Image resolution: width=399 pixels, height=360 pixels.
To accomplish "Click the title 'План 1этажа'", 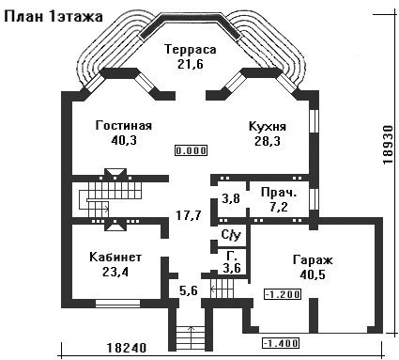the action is click(54, 17).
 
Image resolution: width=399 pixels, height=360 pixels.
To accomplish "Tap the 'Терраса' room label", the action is click(191, 50).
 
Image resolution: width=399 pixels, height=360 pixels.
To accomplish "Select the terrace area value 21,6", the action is click(191, 64).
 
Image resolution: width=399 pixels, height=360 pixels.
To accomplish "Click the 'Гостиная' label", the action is click(124, 125).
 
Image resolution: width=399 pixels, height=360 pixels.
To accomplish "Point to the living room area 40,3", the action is click(124, 140).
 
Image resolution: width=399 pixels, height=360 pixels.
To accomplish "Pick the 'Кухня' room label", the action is click(268, 127).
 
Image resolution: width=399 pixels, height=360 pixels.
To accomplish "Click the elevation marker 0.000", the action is click(191, 150).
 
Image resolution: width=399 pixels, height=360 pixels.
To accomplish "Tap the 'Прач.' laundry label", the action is click(279, 193).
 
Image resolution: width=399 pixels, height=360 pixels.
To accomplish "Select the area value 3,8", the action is click(231, 198).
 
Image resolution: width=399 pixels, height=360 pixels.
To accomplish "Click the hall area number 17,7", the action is click(189, 215).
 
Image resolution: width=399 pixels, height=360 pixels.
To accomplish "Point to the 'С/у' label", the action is click(231, 235).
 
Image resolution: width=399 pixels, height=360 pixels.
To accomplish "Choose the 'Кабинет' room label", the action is click(115, 257).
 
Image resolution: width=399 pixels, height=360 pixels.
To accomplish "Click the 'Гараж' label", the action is click(313, 259).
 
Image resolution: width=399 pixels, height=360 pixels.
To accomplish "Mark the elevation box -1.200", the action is click(283, 294).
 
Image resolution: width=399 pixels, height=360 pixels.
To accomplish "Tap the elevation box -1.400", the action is click(281, 343).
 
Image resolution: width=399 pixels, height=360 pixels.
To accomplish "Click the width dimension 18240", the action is click(127, 348).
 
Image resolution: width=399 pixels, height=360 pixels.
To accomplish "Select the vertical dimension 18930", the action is click(388, 145).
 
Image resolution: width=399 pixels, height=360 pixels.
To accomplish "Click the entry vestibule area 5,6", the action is click(189, 290).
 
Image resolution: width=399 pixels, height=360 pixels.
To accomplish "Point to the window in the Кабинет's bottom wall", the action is click(117, 303).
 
